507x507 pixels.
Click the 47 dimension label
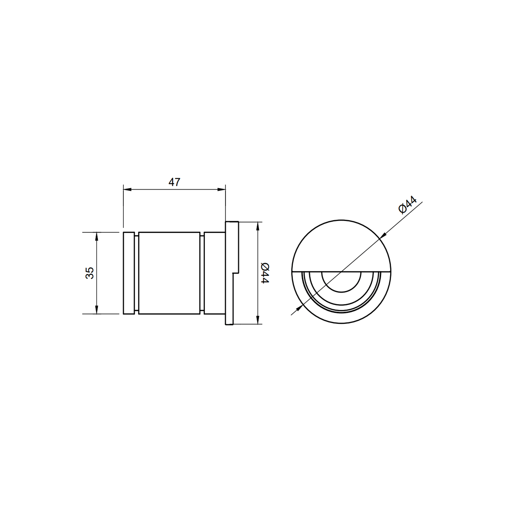coord(174,182)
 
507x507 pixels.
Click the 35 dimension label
coord(90,273)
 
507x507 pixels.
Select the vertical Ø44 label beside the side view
coord(264,273)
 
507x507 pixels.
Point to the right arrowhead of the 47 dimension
coord(222,189)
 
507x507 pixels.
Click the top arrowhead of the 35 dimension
coord(96,236)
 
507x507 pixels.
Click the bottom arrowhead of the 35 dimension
coord(96,310)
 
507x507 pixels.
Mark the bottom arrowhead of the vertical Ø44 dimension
coord(257,320)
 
